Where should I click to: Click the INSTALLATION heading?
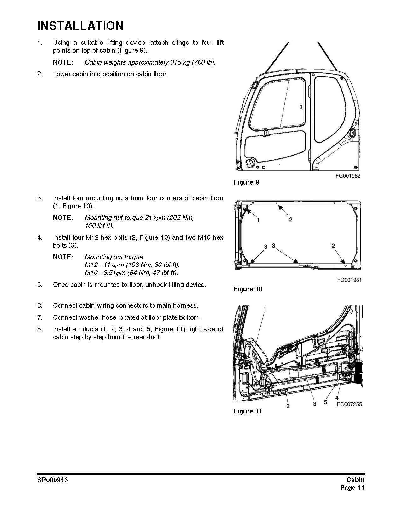click(80, 26)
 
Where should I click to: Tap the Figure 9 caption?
click(246, 182)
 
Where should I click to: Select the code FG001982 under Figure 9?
click(348, 176)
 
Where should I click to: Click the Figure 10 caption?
click(248, 289)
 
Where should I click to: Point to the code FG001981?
click(349, 280)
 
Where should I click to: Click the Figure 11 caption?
click(248, 411)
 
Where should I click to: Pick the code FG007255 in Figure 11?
click(349, 404)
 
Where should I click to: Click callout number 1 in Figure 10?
click(258, 220)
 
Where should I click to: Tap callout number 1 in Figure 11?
click(265, 309)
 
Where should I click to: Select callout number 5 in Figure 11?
click(325, 402)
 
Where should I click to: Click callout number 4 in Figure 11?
click(337, 398)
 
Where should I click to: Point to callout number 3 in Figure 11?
click(314, 404)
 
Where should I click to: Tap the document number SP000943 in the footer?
click(52, 480)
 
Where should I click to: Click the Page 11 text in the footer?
click(352, 488)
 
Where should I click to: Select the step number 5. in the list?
click(40, 285)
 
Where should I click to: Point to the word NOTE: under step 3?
click(63, 218)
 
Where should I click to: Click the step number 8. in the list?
click(40, 329)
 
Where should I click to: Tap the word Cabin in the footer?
click(355, 480)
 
